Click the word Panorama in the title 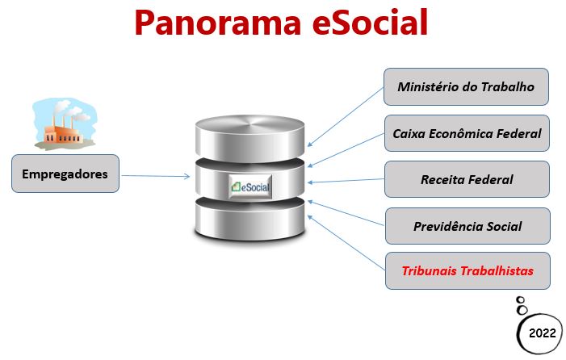(218, 23)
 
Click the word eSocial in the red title (370, 23)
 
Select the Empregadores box (65, 174)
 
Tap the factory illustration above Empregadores (65, 123)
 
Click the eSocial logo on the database (250, 186)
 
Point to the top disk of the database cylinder (249, 138)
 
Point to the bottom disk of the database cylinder (249, 220)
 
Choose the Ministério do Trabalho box (466, 86)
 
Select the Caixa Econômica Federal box (467, 133)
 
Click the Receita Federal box (467, 179)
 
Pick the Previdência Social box (467, 226)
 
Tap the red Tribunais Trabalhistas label (467, 271)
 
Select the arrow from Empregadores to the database (156, 176)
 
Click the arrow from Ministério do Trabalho (346, 116)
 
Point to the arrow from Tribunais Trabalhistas (346, 243)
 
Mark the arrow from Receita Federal (346, 181)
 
